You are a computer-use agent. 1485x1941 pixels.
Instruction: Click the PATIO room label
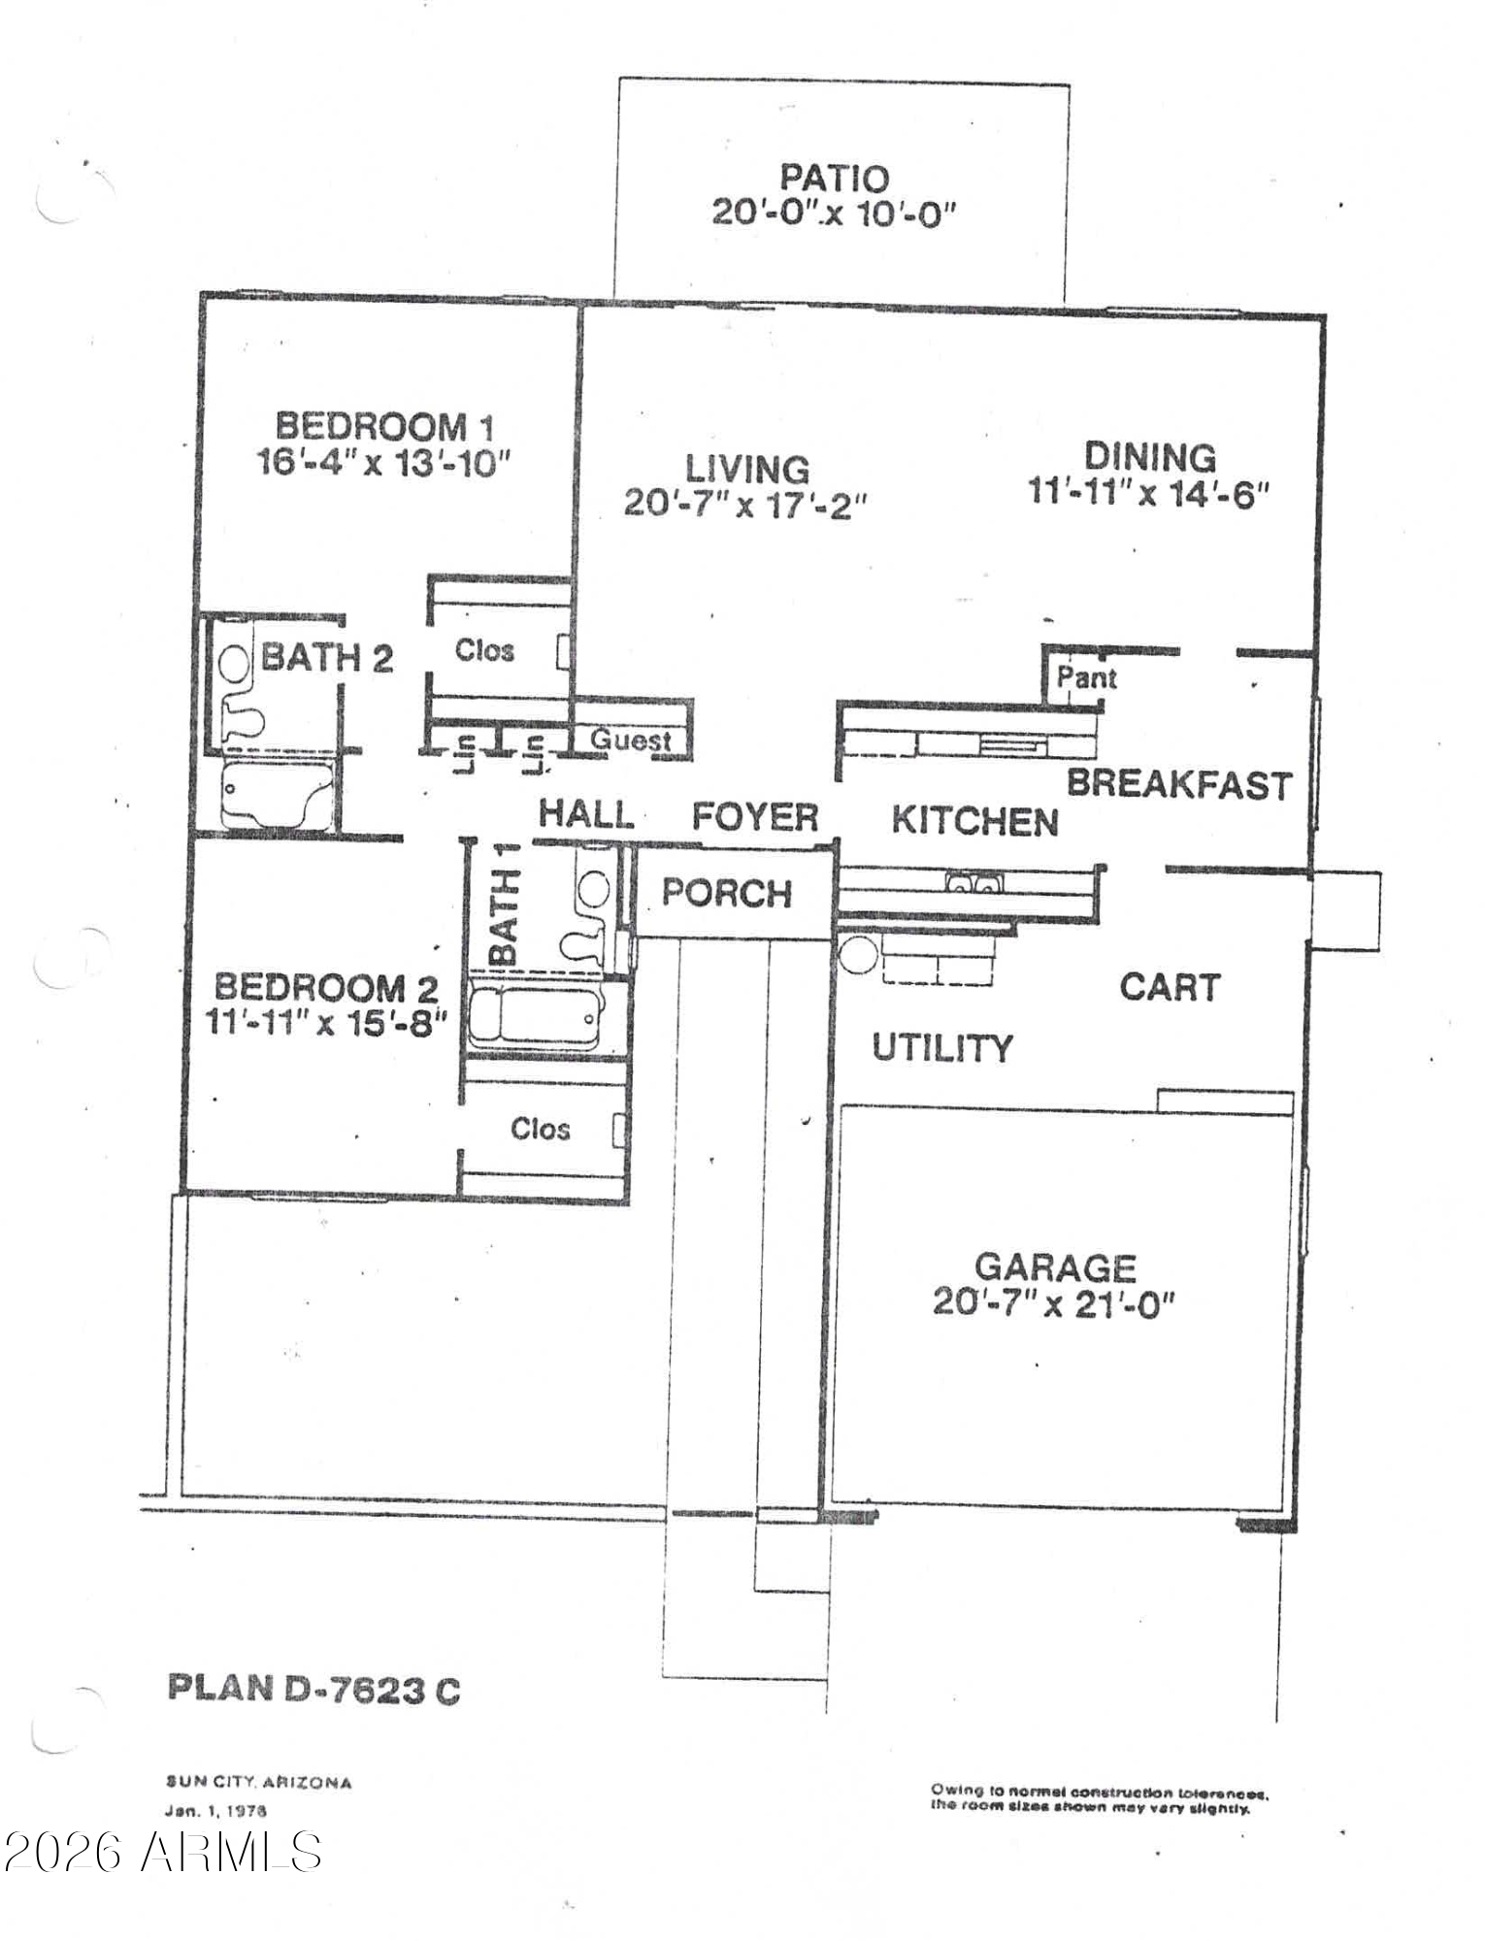click(835, 178)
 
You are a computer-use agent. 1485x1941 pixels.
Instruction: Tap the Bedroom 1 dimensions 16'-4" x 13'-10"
click(383, 462)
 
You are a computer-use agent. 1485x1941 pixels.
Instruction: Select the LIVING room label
click(747, 469)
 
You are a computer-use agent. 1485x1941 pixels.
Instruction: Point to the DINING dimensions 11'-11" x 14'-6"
click(1149, 493)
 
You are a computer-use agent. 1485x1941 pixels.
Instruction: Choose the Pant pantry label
click(1086, 677)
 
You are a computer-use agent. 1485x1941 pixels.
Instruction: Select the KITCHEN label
click(974, 821)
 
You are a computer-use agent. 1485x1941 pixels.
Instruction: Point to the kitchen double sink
click(973, 883)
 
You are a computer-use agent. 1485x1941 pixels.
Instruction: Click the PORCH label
click(727, 893)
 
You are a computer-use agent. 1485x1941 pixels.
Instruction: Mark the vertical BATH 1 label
click(503, 904)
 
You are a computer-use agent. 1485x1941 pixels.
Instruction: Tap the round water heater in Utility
click(859, 955)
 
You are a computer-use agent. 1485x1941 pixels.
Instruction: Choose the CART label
click(1170, 987)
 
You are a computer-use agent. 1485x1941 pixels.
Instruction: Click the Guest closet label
click(631, 740)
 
